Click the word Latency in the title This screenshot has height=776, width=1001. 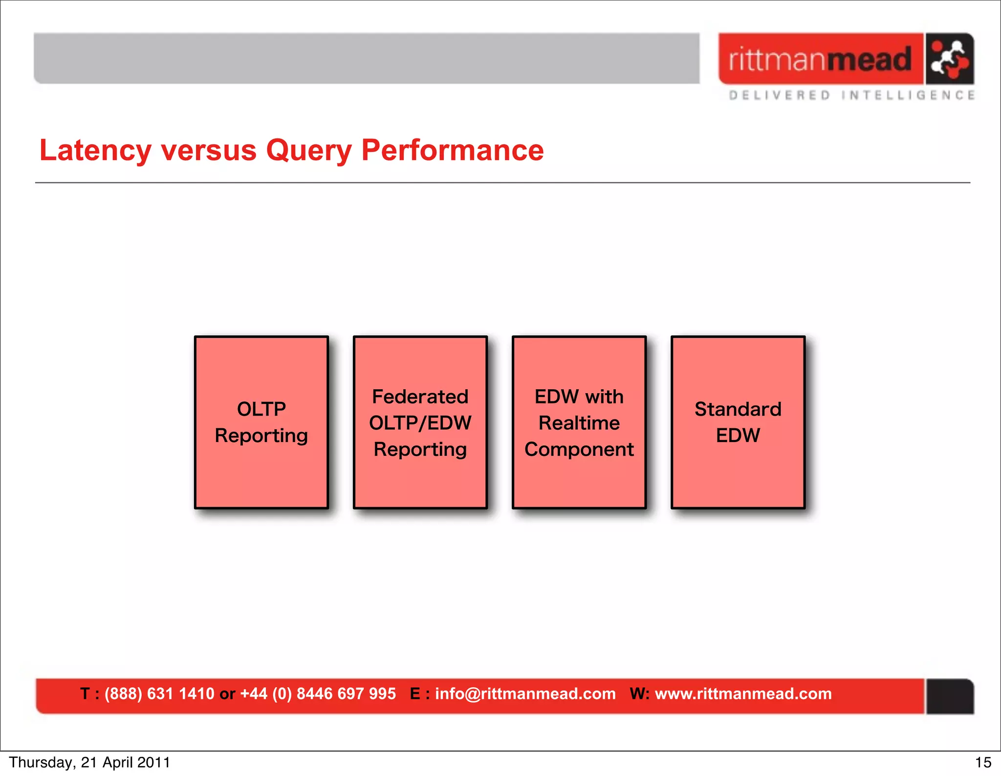pyautogui.click(x=95, y=150)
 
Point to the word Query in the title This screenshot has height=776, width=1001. pyautogui.click(x=308, y=150)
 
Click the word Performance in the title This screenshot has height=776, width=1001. pyautogui.click(x=452, y=150)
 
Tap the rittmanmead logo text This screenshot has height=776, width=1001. pyautogui.click(x=820, y=60)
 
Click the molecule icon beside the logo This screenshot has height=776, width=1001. pyautogui.click(x=949, y=59)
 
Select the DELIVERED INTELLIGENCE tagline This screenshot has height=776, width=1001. pyautogui.click(x=851, y=95)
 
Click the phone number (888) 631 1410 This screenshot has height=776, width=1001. pyautogui.click(x=159, y=693)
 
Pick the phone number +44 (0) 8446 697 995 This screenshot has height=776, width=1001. pyautogui.click(x=318, y=693)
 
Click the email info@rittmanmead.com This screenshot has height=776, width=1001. pyautogui.click(x=525, y=693)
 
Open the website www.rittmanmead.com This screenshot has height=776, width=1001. pyautogui.click(x=743, y=693)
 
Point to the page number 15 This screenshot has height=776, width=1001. pyautogui.click(x=983, y=762)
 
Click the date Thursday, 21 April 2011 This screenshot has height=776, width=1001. pyautogui.click(x=89, y=762)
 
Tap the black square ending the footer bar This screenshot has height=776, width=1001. pyautogui.click(x=949, y=696)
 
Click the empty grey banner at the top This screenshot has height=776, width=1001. pyautogui.click(x=367, y=59)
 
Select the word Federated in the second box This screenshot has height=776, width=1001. pyautogui.click(x=420, y=397)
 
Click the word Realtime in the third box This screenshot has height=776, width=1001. pyautogui.click(x=579, y=423)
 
